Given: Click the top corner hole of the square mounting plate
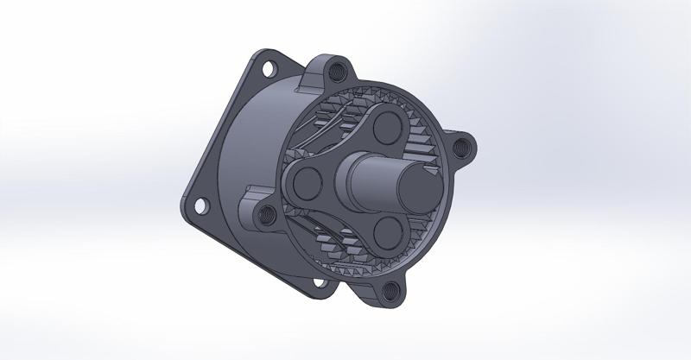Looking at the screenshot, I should (267, 66).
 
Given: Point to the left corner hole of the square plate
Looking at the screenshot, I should (200, 205).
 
